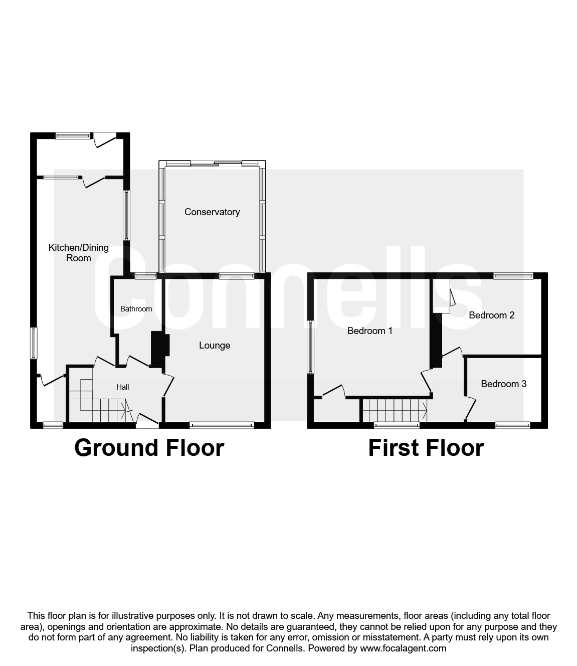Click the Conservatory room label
(212, 212)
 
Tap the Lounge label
(215, 346)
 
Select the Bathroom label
(136, 309)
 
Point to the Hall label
(123, 387)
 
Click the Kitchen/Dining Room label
(78, 253)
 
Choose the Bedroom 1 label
(370, 331)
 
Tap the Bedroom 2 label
(491, 315)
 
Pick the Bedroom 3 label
(503, 384)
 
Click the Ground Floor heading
(149, 448)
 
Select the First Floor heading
(426, 448)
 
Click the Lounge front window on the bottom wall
(222, 426)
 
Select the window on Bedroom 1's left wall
(310, 347)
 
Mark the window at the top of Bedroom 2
(513, 275)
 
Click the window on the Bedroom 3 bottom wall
(512, 426)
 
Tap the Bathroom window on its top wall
(145, 275)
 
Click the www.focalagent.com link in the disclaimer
(403, 648)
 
